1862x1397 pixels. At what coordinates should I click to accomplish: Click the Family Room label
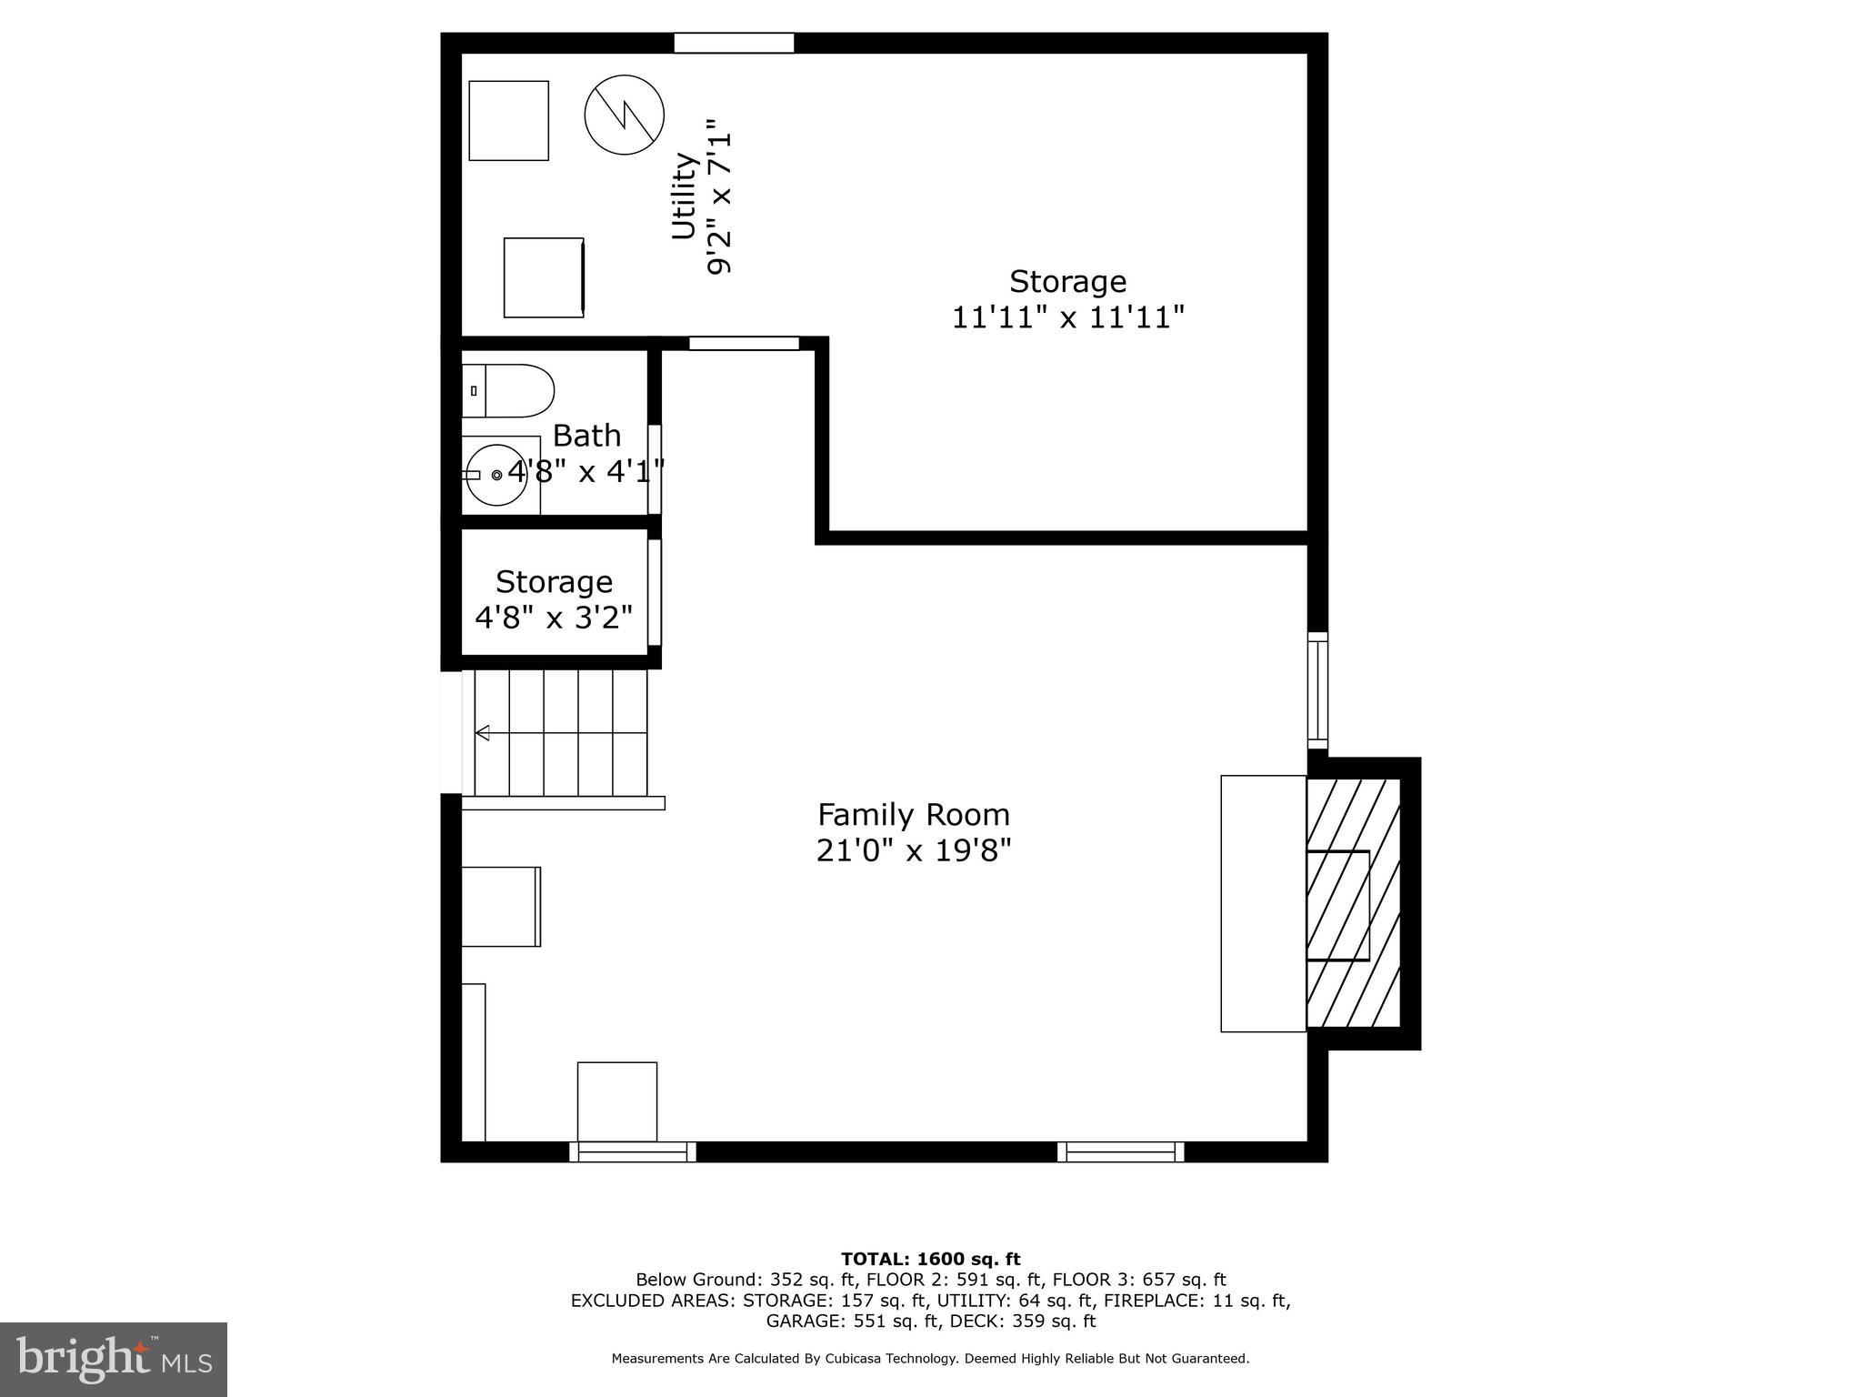(x=913, y=814)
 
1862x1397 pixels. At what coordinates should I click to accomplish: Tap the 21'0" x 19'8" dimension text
(x=913, y=851)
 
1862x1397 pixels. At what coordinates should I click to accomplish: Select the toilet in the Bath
(x=507, y=391)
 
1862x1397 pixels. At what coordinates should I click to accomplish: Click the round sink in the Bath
(x=496, y=475)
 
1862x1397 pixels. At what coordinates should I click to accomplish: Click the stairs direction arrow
(x=483, y=733)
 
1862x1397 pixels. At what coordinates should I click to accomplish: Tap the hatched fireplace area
(x=1353, y=903)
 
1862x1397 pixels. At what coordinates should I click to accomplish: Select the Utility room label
(x=683, y=196)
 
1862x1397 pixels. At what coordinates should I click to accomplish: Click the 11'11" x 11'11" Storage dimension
(x=1067, y=318)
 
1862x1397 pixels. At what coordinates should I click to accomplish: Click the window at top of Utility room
(x=734, y=43)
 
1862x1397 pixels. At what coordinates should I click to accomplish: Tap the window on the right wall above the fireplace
(x=1317, y=690)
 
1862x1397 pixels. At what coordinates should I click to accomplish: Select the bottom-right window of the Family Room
(x=1120, y=1152)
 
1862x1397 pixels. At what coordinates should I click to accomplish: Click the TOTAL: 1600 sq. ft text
(x=930, y=1260)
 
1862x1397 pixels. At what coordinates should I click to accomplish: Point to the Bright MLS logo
(x=114, y=1359)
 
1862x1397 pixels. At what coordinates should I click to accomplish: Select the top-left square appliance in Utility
(x=508, y=121)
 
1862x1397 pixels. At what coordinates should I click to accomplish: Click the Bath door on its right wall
(x=654, y=468)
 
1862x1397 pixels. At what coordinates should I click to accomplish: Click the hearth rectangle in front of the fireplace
(x=1263, y=903)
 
